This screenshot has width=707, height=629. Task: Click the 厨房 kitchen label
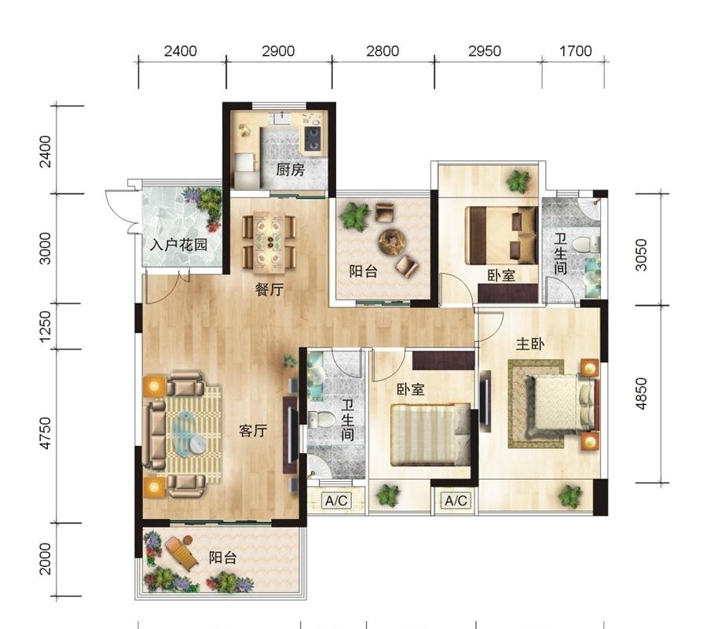tap(290, 170)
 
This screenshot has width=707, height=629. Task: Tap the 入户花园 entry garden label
tap(178, 245)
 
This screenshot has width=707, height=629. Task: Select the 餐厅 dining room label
tap(269, 289)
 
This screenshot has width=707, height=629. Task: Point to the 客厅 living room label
tap(252, 431)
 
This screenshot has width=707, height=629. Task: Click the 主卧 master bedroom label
tap(529, 344)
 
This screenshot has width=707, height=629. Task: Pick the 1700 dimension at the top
tap(575, 51)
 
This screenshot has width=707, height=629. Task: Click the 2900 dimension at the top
tap(278, 51)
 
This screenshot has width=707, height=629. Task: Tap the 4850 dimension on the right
tap(641, 394)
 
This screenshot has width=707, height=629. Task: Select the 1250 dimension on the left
tap(46, 326)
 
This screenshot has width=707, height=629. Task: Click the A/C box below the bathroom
tap(336, 500)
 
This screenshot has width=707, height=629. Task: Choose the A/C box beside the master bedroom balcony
tap(456, 500)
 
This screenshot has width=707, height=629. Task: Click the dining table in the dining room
tap(269, 243)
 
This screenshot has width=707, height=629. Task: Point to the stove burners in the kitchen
tap(312, 138)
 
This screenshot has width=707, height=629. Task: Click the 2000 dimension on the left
tap(46, 559)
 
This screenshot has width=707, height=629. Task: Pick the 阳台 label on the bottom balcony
tap(223, 557)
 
